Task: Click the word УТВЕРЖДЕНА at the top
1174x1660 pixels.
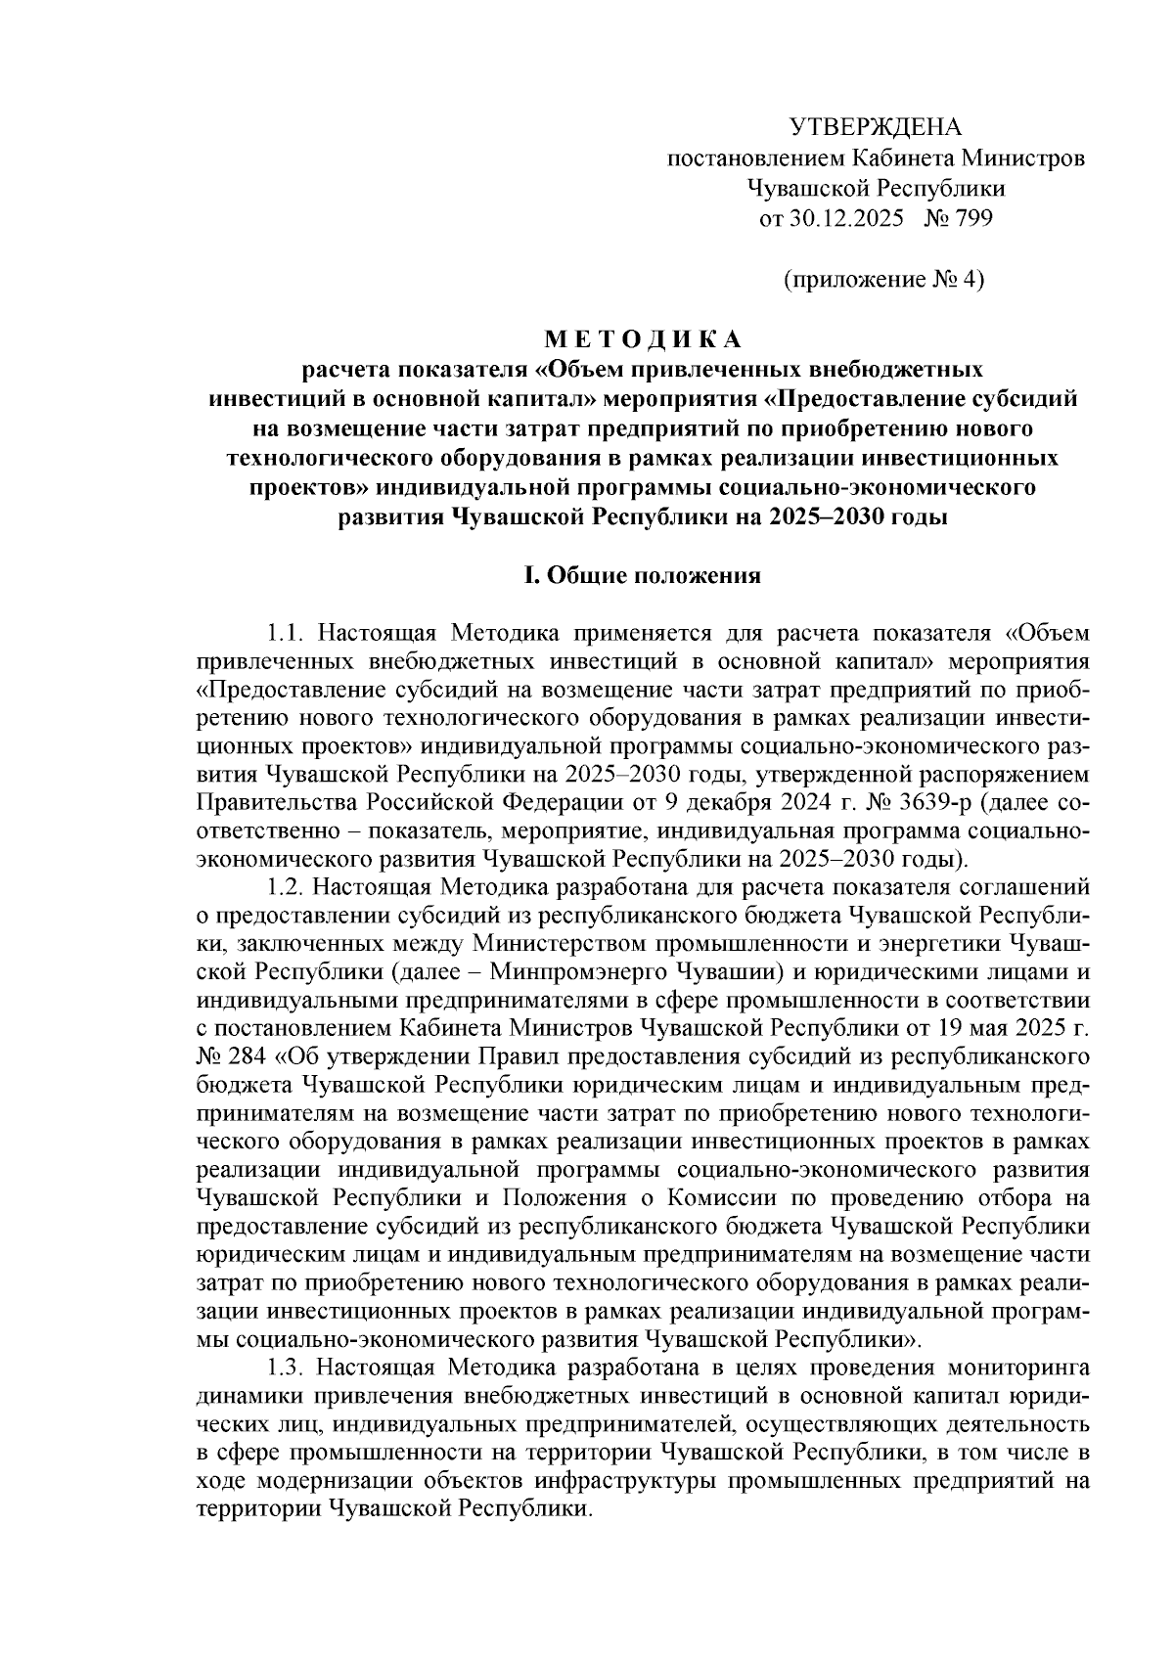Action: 876,127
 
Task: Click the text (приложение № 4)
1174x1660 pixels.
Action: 883,281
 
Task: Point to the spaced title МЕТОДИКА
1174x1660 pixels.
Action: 643,340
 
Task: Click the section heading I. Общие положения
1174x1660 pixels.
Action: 643,575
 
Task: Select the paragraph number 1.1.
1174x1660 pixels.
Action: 286,631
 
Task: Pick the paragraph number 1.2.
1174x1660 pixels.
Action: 286,887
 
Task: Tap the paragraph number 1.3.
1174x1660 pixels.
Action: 286,1365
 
